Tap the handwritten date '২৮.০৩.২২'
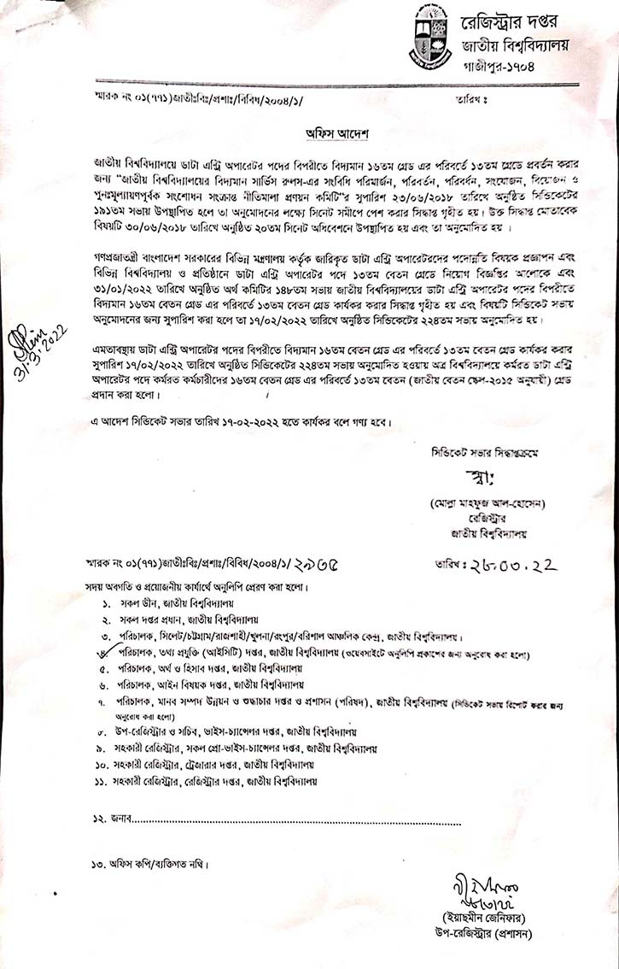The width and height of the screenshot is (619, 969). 502,563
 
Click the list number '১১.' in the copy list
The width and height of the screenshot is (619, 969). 102,781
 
